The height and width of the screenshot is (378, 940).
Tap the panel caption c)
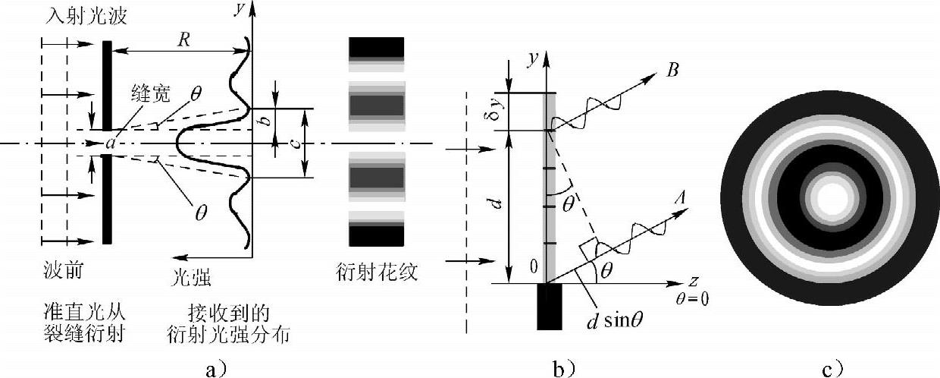tap(832, 370)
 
